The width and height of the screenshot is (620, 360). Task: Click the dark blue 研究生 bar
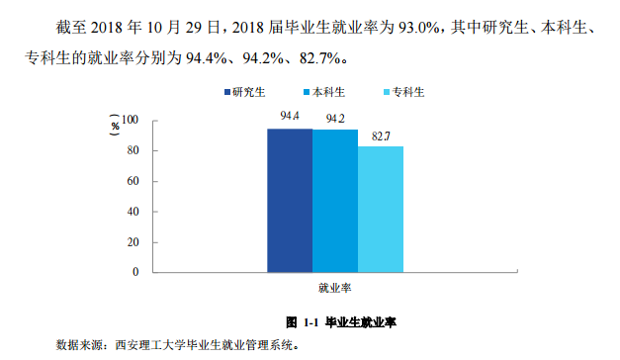point(290,200)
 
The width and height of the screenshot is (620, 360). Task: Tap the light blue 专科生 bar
point(381,209)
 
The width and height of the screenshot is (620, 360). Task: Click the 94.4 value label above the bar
point(290,117)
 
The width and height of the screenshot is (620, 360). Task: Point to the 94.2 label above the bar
point(335,119)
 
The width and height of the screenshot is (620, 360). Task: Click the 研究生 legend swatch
point(226,92)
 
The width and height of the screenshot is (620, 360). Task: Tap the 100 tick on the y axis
point(131,121)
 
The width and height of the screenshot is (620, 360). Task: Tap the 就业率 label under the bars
point(335,288)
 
